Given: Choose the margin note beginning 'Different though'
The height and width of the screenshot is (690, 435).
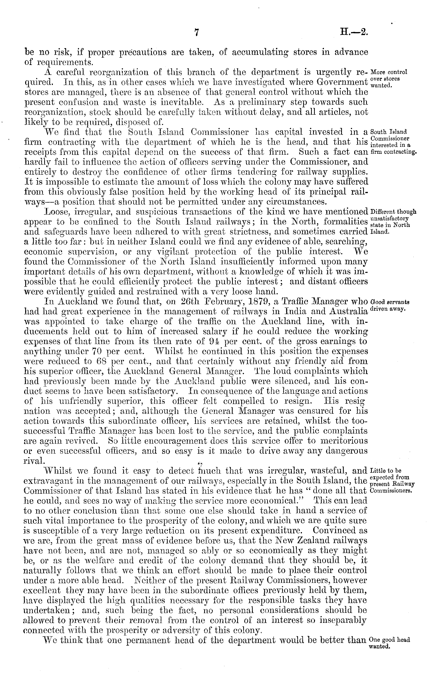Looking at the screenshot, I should tap(393, 221).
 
